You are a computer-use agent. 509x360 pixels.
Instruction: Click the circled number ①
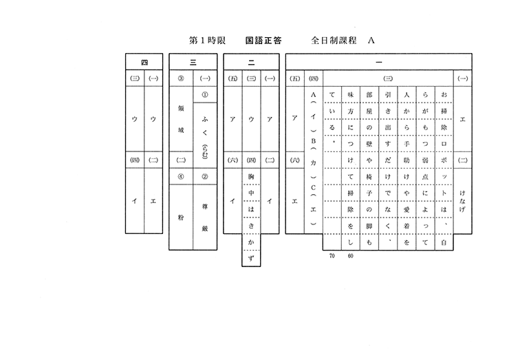(x=205, y=94)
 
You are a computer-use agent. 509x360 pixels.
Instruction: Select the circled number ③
(x=181, y=78)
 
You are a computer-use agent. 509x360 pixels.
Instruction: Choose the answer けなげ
(x=463, y=196)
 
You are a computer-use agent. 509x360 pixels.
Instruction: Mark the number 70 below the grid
(x=332, y=256)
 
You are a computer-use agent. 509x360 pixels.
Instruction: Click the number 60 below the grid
(x=349, y=256)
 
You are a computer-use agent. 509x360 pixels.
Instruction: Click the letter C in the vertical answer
(x=313, y=188)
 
